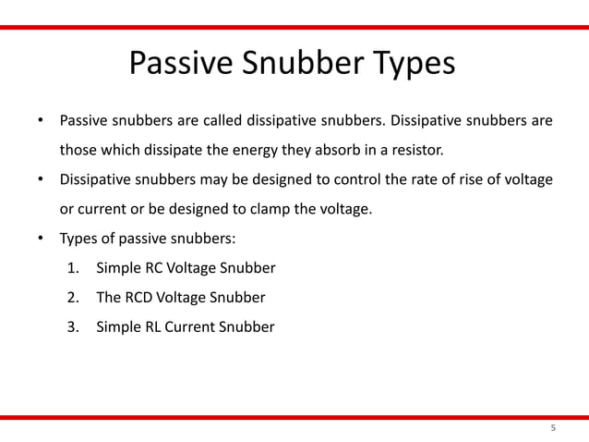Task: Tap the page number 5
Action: pos(553,428)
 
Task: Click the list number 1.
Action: pos(74,268)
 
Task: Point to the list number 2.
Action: pos(74,298)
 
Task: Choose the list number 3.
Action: pos(74,327)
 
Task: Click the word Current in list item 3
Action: pos(190,327)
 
